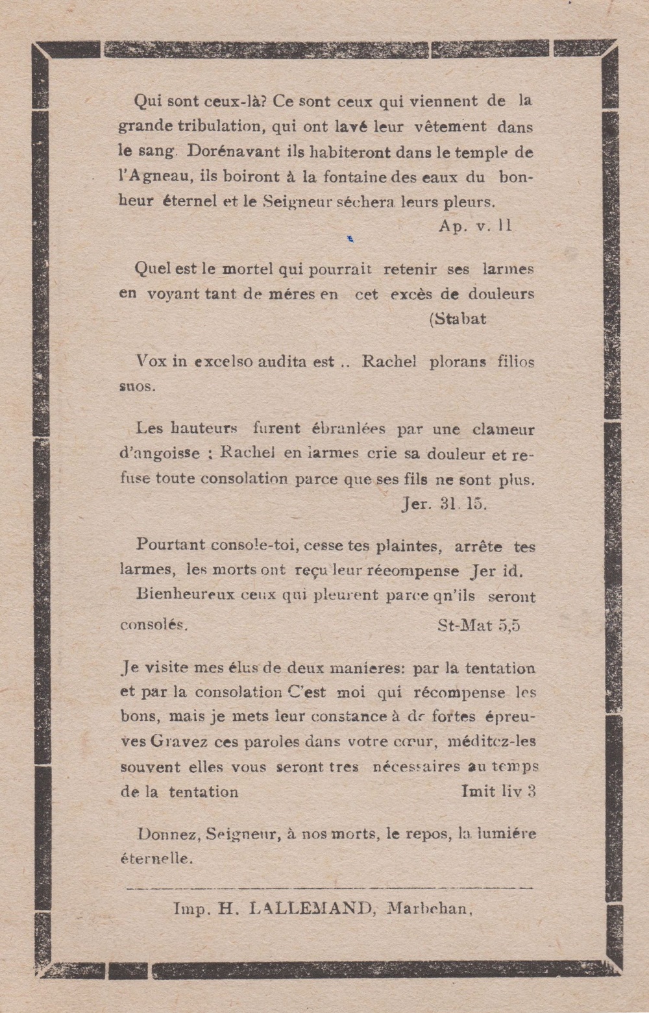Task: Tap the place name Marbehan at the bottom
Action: [429, 909]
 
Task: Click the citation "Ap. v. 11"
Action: [475, 226]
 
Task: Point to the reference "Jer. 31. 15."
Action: [443, 505]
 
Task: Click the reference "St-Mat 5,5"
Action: [480, 625]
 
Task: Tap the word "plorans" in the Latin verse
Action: [458, 361]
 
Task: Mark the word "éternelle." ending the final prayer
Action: [157, 859]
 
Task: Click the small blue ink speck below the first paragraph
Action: [350, 239]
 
